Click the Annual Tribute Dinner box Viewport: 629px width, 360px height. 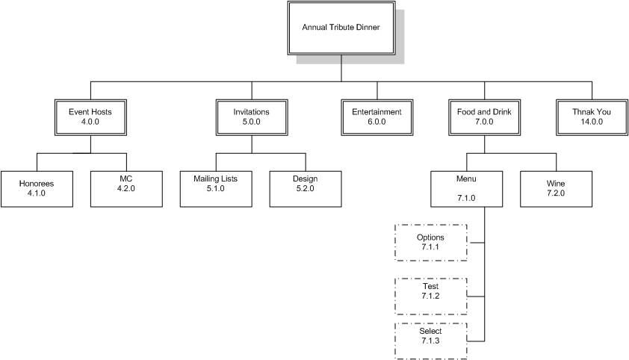341,28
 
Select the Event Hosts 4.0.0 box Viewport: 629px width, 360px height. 90,117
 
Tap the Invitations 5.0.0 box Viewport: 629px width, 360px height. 252,117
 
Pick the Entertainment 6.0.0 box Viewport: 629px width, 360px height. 377,117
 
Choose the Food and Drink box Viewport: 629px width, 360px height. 485,117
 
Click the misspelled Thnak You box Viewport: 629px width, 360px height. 591,117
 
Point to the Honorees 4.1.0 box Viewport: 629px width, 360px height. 36,189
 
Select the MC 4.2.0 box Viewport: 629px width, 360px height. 126,189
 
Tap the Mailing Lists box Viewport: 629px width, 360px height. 215,189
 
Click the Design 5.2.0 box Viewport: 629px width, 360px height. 305,189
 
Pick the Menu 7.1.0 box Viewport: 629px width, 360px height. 466,189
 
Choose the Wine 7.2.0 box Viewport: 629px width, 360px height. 556,189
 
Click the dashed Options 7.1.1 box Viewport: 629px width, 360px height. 430,243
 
